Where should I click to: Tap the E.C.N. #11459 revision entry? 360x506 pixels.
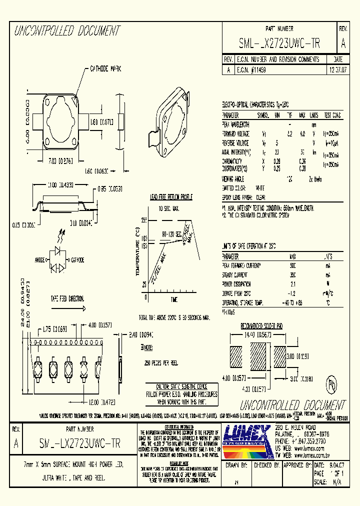tap(252, 70)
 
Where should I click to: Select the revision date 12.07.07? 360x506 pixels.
tap(336, 70)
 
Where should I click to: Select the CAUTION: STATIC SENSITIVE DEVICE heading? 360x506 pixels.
tap(181, 387)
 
